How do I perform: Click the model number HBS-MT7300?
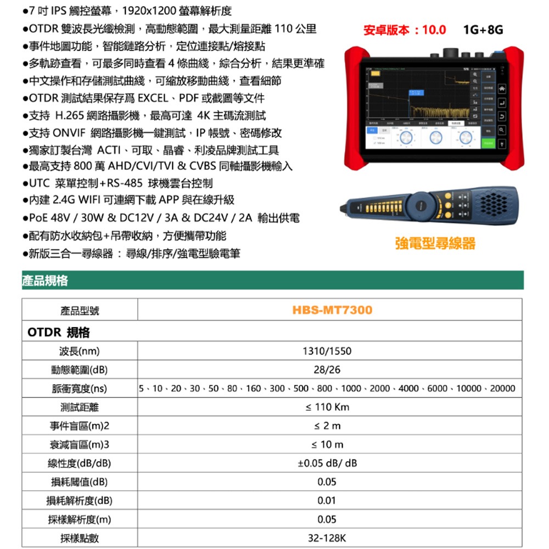[x=332, y=310]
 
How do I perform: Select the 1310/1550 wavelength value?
[x=327, y=351]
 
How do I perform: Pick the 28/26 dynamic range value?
[x=327, y=369]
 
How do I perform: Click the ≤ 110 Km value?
[x=327, y=407]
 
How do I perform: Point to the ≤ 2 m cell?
[x=327, y=425]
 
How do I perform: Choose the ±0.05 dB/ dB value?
[x=327, y=463]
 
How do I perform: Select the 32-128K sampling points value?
[x=327, y=538]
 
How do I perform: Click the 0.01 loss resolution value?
[x=327, y=501]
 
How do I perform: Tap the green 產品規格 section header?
[x=46, y=281]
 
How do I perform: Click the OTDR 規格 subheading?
[x=58, y=333]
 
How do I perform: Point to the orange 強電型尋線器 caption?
[x=435, y=243]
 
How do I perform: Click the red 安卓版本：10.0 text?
[x=405, y=30]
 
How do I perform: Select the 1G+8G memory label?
[x=483, y=30]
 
